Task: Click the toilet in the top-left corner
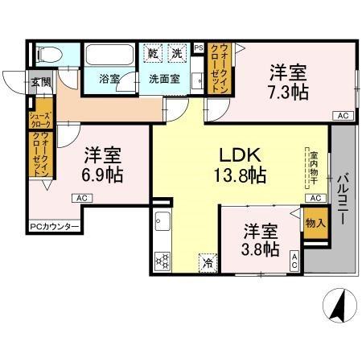[x=48, y=56]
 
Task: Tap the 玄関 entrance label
[x=40, y=82]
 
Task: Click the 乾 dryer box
[x=154, y=53]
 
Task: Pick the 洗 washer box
[x=177, y=53]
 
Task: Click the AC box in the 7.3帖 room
[x=342, y=116]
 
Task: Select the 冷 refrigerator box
[x=208, y=261]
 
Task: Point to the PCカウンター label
[x=55, y=228]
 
